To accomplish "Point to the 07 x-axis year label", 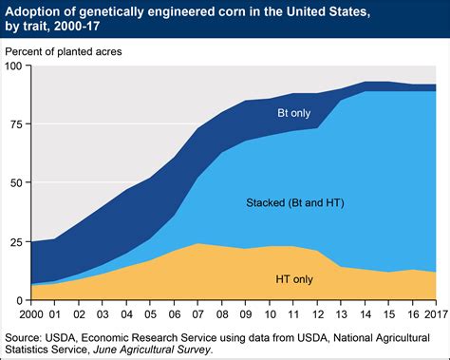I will click(x=197, y=313).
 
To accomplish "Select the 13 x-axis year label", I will click(x=342, y=313).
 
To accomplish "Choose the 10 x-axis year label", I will click(x=270, y=313).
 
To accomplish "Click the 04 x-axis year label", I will click(x=125, y=313).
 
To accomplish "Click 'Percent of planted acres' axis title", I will click(x=73, y=49).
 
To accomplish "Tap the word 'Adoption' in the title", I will click(x=35, y=10).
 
